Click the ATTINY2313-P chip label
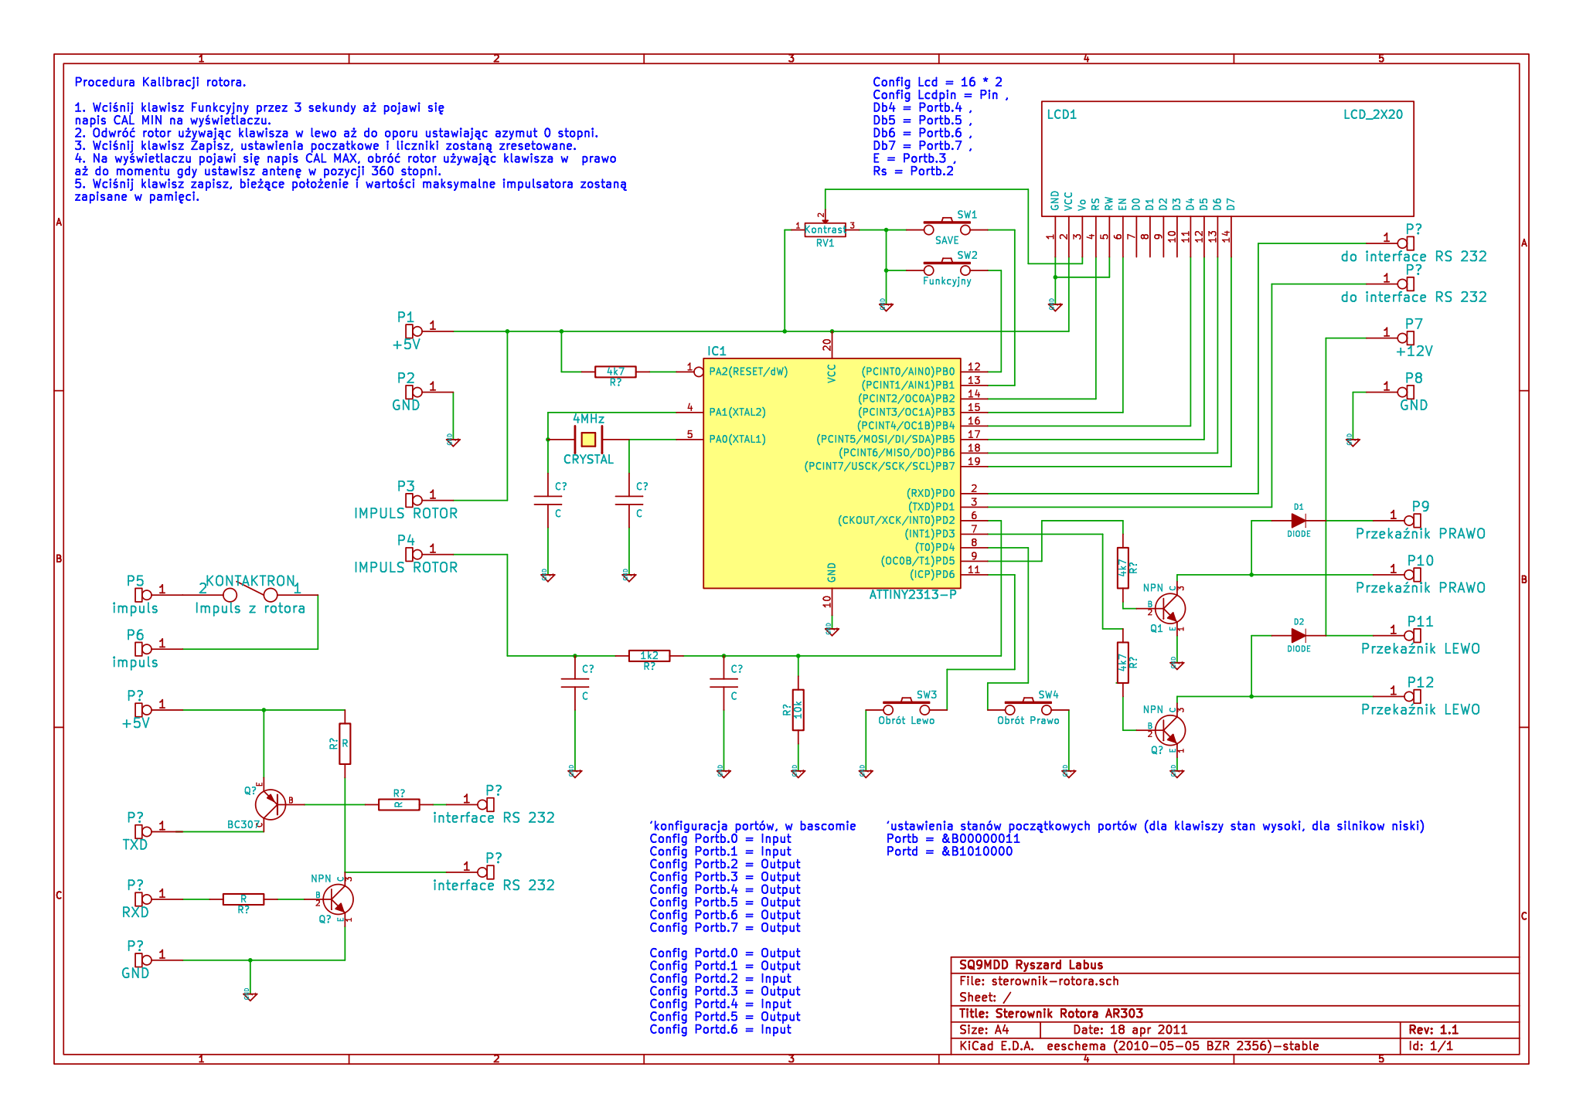[913, 595]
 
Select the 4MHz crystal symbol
[588, 440]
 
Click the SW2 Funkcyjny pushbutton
[947, 270]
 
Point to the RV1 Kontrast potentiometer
[825, 229]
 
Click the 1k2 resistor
[649, 656]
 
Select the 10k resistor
[798, 709]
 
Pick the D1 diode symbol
[1299, 521]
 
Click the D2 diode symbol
[1299, 636]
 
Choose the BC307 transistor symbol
[271, 804]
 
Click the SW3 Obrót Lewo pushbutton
[907, 708]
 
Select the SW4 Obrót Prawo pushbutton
[1028, 708]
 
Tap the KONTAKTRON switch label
[250, 581]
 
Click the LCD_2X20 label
[1373, 115]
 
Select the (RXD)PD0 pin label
[931, 493]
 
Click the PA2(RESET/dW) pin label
[748, 372]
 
